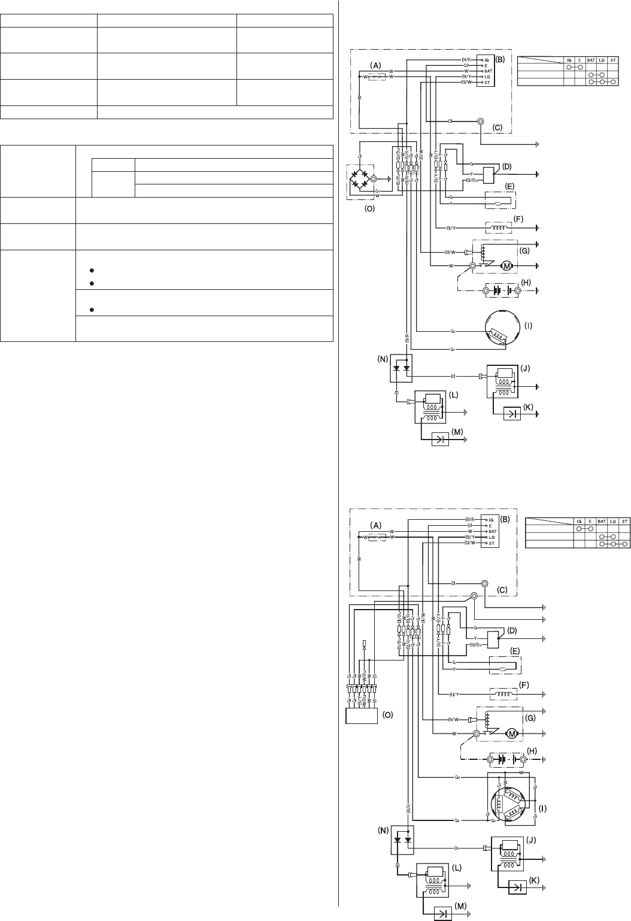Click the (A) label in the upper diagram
(375, 64)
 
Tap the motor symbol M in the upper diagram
(507, 265)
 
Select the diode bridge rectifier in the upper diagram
(360, 178)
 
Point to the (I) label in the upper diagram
(528, 327)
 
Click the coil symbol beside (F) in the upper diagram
(499, 228)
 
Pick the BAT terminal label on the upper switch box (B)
(488, 71)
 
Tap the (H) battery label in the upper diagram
(526, 283)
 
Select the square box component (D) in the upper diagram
(490, 174)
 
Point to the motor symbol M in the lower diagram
(512, 733)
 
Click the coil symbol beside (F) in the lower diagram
(503, 694)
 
